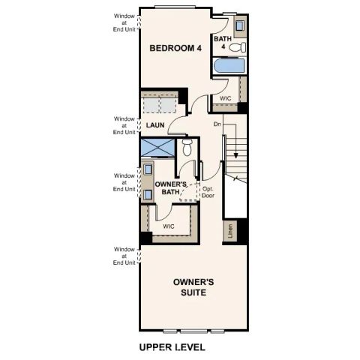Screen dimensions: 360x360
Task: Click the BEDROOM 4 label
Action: coord(175,49)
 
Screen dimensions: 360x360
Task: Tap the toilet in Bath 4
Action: coord(236,47)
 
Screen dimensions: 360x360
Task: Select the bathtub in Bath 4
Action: coord(229,67)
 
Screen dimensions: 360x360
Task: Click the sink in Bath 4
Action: coord(239,26)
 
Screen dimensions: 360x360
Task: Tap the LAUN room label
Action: coord(155,125)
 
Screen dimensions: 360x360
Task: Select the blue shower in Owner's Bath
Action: coord(159,148)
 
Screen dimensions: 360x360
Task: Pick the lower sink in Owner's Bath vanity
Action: coord(148,194)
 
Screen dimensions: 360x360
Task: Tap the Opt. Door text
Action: coord(210,193)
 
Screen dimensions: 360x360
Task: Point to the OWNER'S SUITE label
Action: coord(194,287)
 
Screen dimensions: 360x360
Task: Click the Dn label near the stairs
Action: coord(217,124)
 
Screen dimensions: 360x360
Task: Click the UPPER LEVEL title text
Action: coord(172,348)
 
